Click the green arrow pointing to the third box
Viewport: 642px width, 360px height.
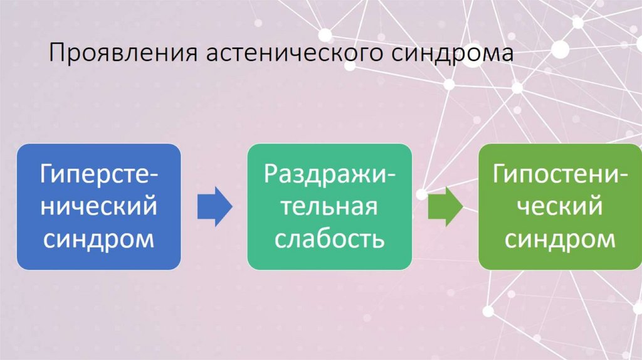coord(445,206)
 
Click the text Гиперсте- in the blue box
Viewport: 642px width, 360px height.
coord(99,172)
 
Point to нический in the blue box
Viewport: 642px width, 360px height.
coord(99,206)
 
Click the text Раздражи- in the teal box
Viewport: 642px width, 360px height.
coord(329,174)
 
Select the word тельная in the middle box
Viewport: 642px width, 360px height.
coord(329,206)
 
